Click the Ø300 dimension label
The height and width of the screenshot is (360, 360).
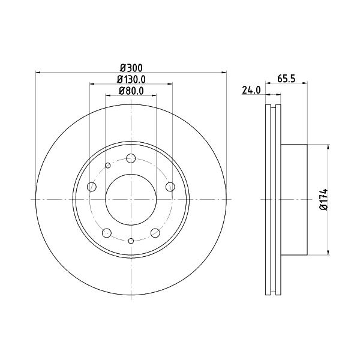point(131,68)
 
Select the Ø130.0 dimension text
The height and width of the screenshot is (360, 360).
point(131,79)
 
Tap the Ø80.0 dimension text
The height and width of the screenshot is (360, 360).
point(131,91)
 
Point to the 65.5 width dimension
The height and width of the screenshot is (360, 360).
point(286,79)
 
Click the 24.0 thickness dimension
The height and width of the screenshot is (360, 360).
point(251,90)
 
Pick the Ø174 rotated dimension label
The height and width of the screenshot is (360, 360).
point(324,199)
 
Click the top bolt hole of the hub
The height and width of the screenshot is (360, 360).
point(131,158)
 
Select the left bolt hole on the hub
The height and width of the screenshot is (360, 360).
point(92,187)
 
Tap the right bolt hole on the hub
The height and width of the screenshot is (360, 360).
point(170,187)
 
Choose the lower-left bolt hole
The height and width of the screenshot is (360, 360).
point(107,233)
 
